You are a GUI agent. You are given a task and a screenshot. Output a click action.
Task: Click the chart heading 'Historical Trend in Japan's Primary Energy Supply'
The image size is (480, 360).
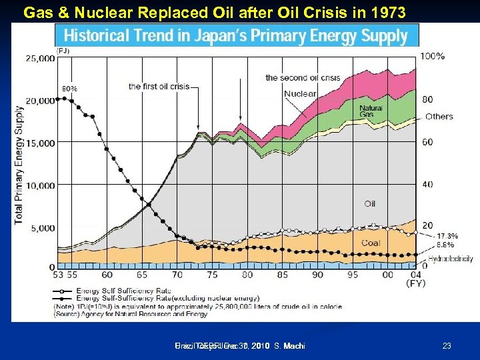point(237,35)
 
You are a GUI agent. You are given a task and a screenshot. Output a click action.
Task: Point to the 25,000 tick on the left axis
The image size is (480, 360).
point(41,59)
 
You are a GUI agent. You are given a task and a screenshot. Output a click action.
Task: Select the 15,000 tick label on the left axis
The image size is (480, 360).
point(41,143)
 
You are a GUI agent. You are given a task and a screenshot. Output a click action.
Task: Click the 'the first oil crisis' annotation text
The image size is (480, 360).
point(159,86)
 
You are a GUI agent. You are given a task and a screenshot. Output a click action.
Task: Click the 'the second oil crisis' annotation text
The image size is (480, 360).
point(303,77)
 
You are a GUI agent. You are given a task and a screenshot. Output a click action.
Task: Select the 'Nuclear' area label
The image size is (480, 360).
point(300,94)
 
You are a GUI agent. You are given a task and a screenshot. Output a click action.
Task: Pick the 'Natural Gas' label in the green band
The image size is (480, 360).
point(371,111)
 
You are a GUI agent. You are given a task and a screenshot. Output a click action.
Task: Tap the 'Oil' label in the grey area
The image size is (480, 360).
point(370,203)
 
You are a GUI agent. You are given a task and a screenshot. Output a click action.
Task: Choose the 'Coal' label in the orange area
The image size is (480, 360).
point(371,243)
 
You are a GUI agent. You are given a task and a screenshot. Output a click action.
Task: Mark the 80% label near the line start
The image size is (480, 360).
point(69,88)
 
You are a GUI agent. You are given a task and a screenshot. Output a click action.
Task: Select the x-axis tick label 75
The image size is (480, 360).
point(212,275)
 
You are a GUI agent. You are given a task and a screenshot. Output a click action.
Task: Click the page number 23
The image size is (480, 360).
point(447,345)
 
